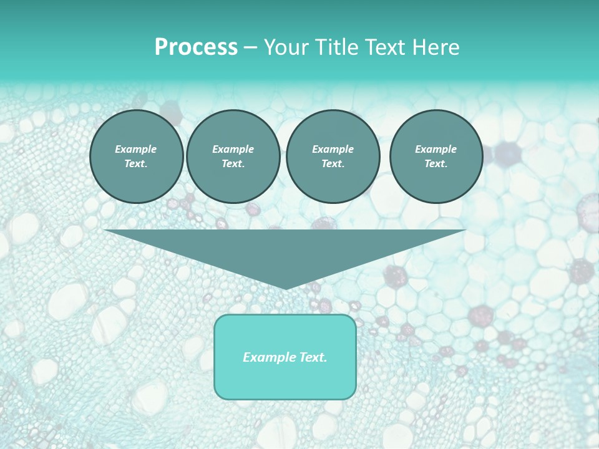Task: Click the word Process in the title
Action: click(196, 47)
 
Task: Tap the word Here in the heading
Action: click(436, 47)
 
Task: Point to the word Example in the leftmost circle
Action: click(136, 149)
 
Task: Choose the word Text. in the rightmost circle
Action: click(436, 164)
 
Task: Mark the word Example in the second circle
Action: click(233, 149)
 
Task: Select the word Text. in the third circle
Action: click(333, 164)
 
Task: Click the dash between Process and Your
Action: click(250, 47)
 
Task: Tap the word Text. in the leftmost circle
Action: click(136, 164)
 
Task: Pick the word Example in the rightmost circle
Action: click(436, 149)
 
